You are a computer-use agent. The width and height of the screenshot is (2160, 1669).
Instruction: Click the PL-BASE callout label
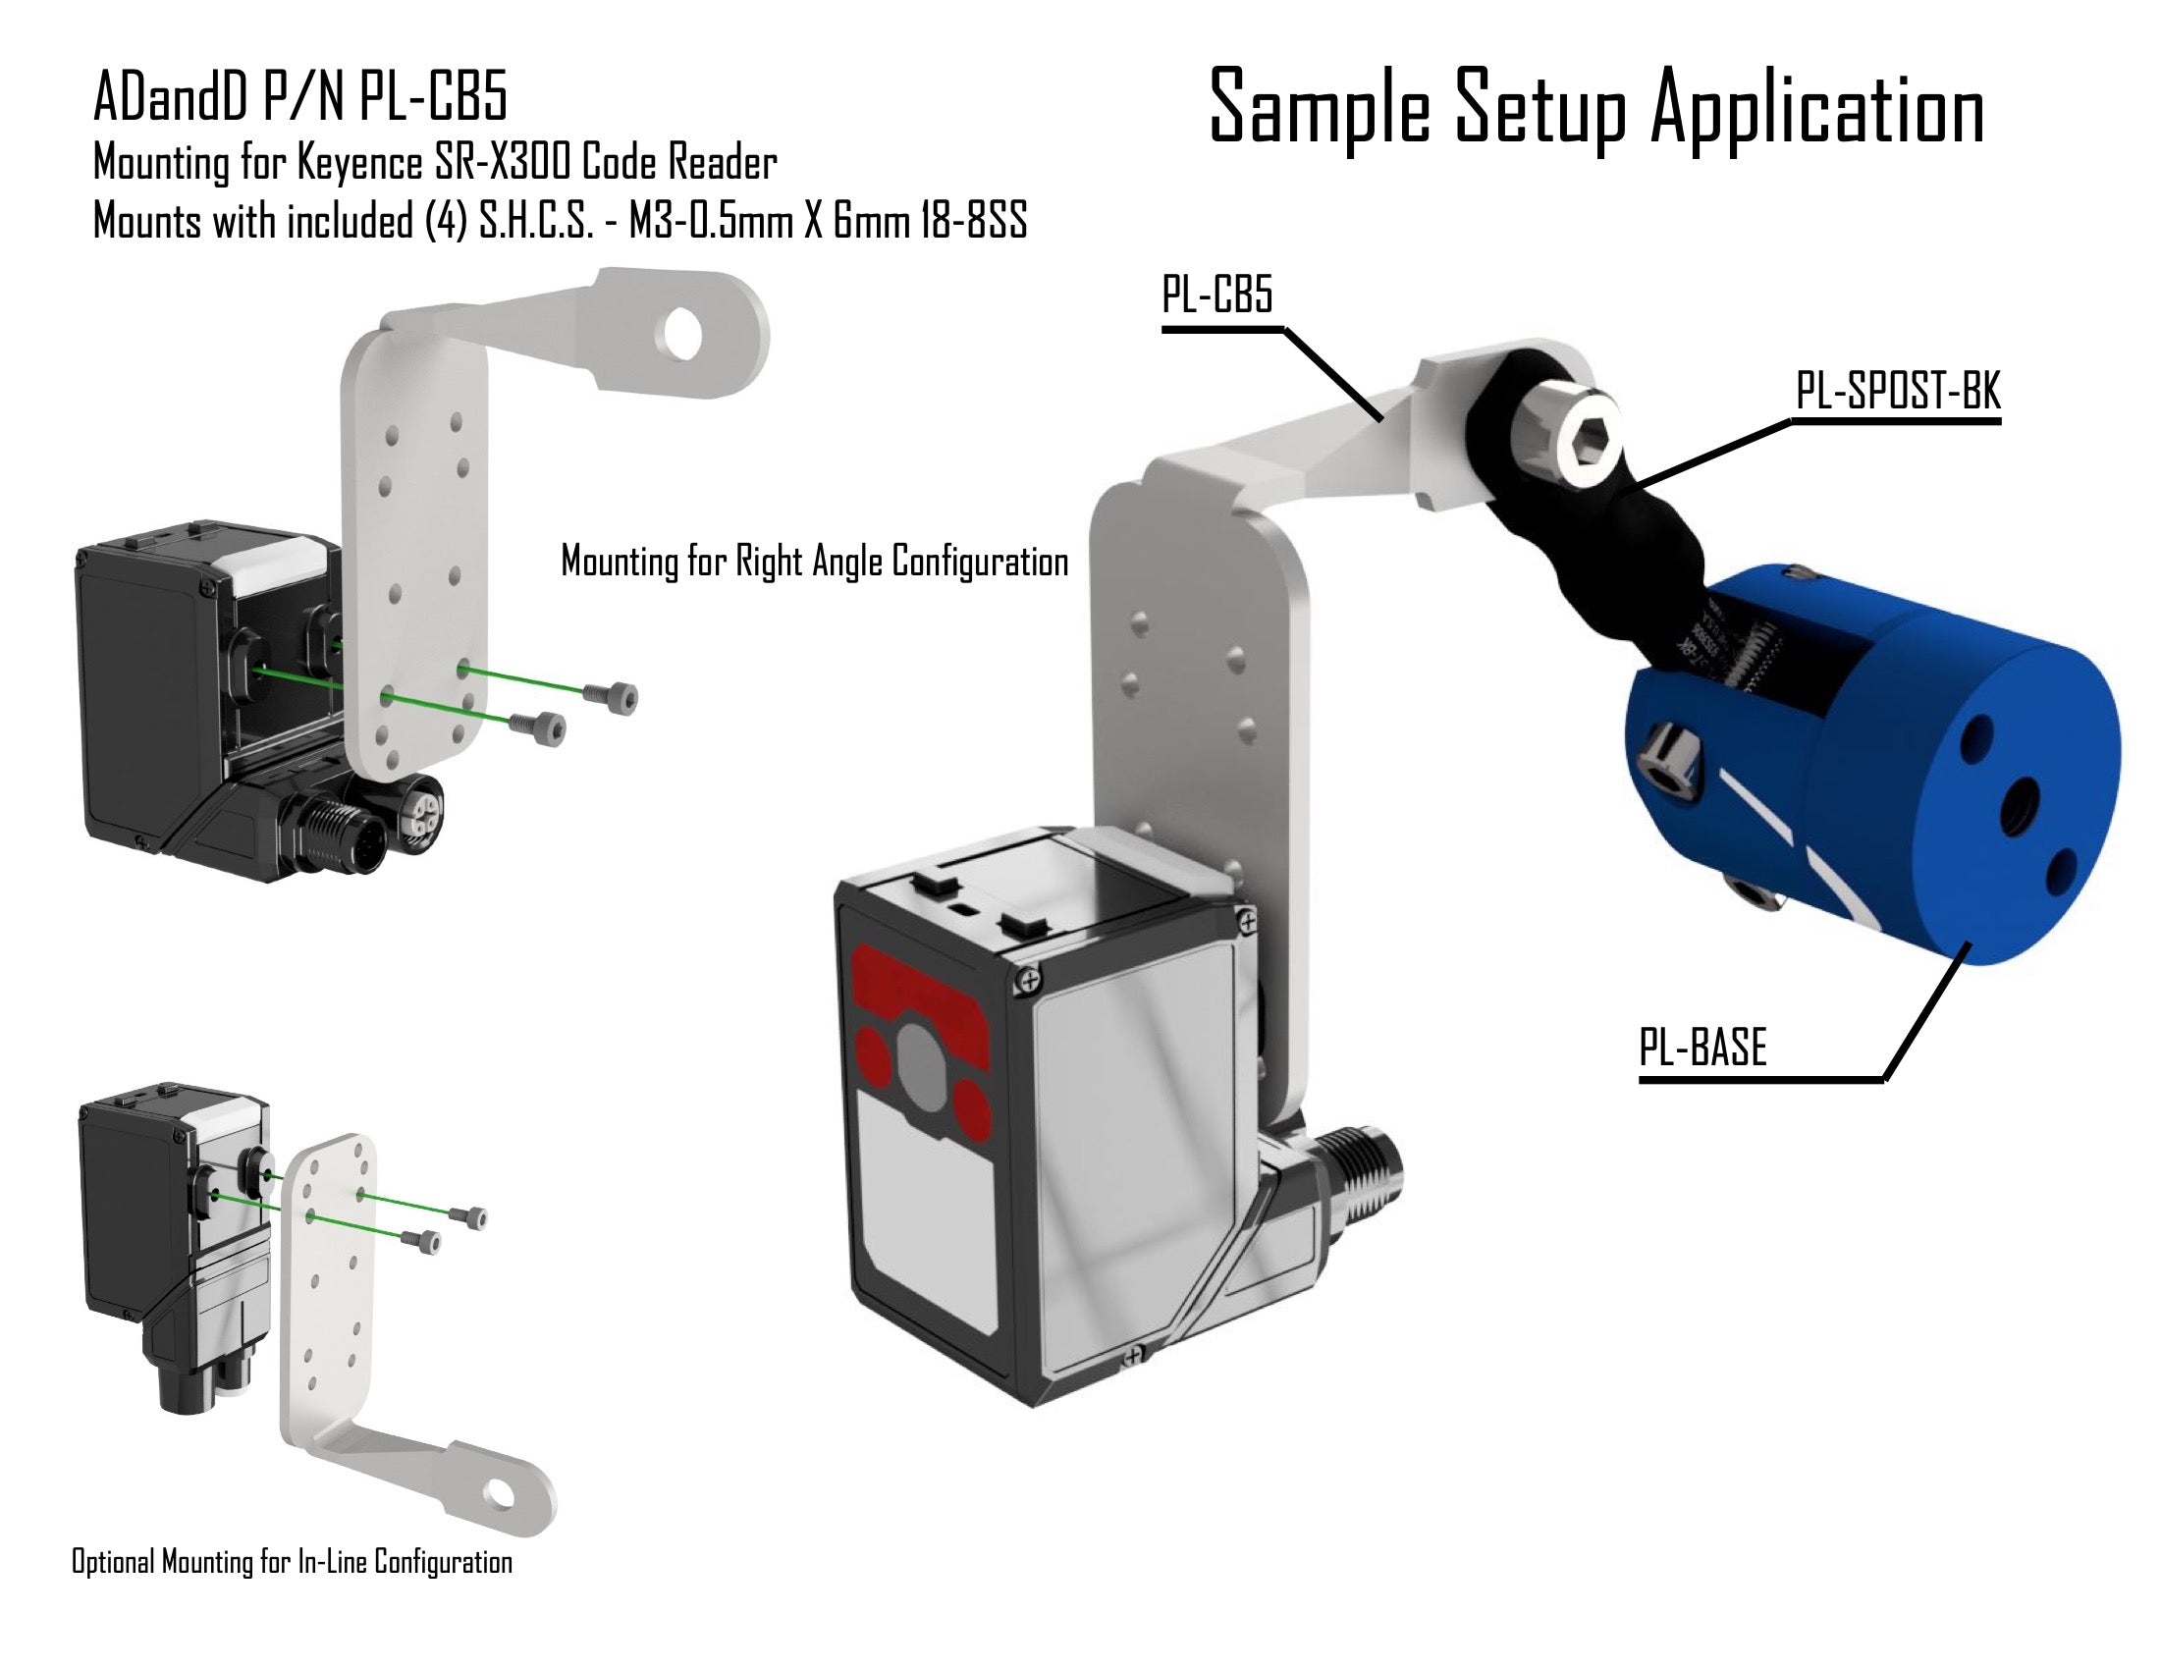1702,1048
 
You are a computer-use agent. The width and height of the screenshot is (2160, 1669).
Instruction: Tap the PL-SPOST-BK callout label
1897,392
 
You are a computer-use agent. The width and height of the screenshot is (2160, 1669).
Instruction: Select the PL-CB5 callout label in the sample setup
1217,295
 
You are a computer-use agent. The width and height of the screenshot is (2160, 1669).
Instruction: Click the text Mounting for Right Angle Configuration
814,562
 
